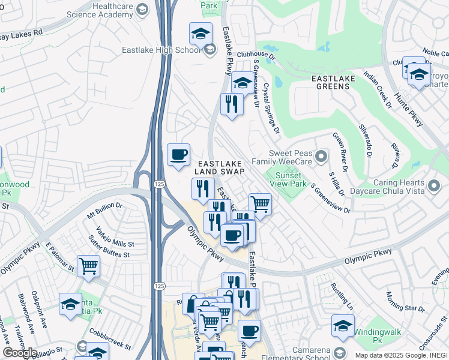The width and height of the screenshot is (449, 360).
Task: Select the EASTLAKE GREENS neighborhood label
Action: (x=330, y=82)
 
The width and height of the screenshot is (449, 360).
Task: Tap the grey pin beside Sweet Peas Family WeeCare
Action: (x=321, y=157)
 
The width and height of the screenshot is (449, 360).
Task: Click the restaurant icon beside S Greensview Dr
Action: (x=231, y=104)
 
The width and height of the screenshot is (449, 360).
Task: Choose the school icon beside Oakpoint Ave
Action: (x=70, y=304)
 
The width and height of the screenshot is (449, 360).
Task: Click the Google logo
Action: (x=20, y=353)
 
